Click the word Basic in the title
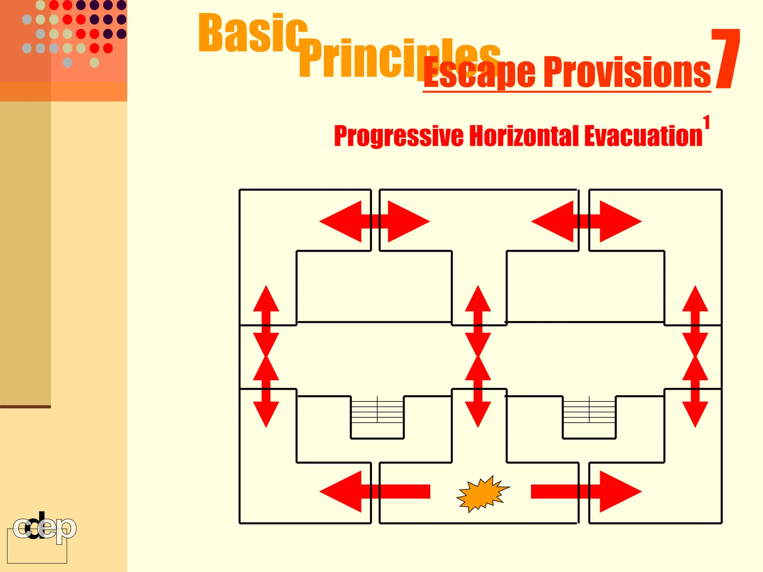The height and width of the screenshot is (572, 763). click(253, 34)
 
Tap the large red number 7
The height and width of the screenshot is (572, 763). click(725, 60)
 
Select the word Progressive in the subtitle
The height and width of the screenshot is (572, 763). click(399, 136)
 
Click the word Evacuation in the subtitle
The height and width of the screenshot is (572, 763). click(643, 136)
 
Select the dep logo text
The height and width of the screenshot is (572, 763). click(45, 528)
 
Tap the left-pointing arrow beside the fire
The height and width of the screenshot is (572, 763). click(373, 492)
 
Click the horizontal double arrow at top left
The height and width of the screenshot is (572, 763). click(374, 222)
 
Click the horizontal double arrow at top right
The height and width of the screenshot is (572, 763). click(586, 222)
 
